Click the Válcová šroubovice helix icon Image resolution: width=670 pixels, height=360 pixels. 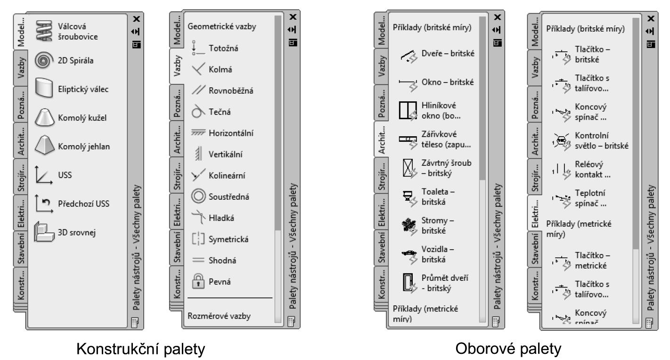[44, 31]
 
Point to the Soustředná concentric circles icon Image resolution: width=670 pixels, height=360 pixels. [198, 196]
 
